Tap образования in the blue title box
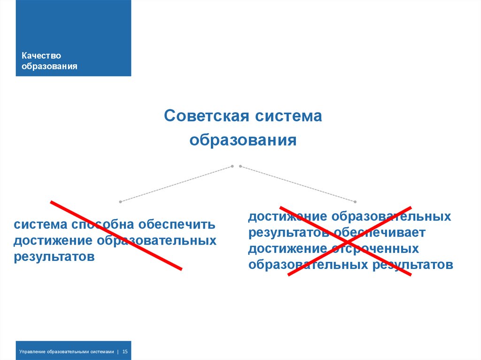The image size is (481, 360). pos(50,66)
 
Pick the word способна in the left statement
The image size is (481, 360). pos(98,224)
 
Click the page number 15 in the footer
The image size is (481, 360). pos(126,351)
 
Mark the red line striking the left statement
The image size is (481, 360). pos(116,235)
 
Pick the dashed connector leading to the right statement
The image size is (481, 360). pos(297,183)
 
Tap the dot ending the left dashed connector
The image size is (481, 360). pos(121,201)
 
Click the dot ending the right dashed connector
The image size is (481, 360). pos(356,201)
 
